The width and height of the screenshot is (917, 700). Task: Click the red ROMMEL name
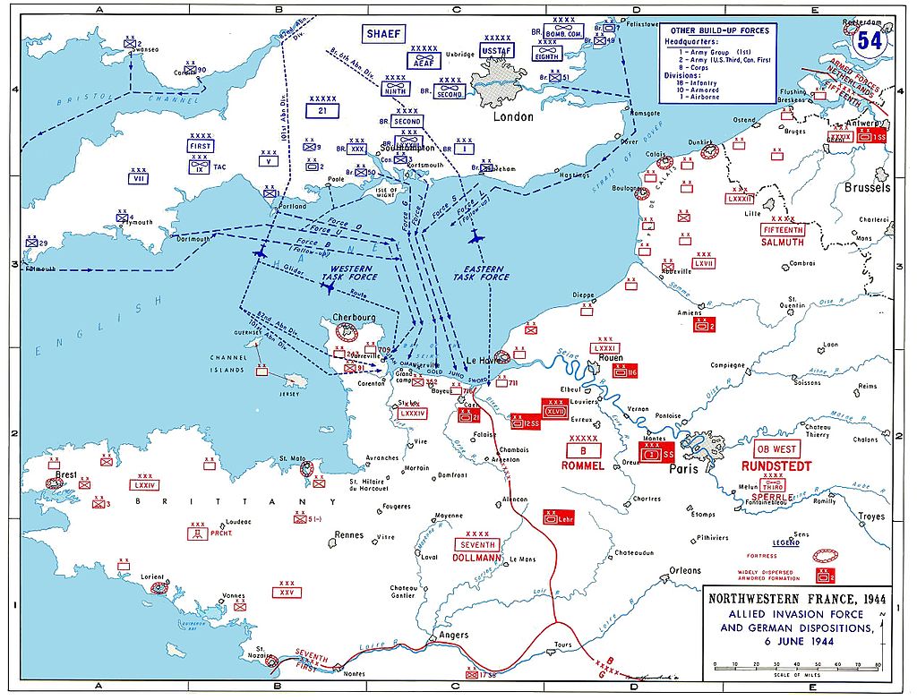[583, 465]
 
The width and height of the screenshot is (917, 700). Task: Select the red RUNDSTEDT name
[776, 466]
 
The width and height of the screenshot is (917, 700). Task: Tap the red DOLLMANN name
[476, 558]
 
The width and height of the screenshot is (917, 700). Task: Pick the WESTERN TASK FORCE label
[352, 273]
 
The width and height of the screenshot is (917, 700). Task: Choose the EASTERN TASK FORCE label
[480, 273]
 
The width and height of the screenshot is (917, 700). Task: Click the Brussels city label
[867, 188]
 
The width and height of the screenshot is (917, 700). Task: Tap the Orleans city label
[685, 570]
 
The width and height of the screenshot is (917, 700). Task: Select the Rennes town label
[348, 535]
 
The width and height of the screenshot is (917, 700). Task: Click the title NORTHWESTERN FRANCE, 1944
[793, 600]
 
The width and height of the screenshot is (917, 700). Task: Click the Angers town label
[454, 636]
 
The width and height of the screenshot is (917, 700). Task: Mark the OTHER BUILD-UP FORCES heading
[721, 30]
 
